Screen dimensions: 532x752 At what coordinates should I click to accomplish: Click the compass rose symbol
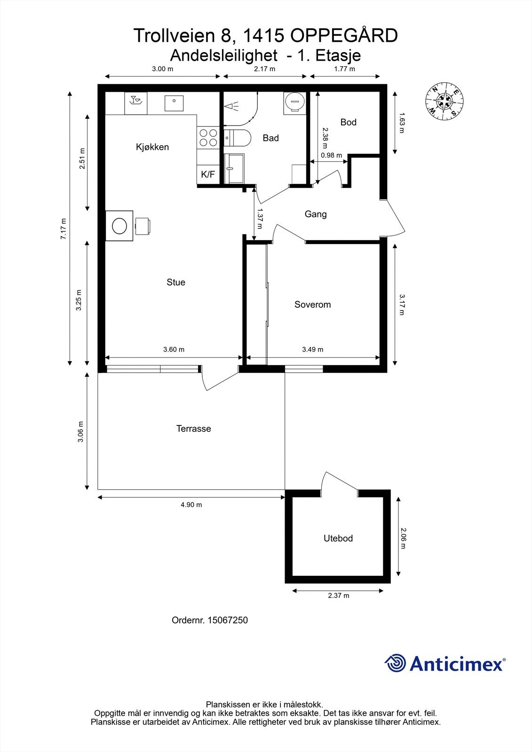pos(445,101)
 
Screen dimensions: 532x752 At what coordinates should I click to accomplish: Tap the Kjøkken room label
pos(152,147)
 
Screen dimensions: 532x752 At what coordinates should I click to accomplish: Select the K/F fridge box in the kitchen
pos(208,174)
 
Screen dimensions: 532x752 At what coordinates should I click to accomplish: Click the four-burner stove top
pos(208,138)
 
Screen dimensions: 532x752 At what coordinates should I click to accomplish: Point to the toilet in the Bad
pos(237,138)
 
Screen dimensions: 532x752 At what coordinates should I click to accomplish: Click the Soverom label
pos(312,305)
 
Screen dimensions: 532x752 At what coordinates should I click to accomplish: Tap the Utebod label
pos(338,539)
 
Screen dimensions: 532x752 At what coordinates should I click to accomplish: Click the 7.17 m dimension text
pos(64,228)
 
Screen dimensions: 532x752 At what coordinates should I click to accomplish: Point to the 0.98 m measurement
pos(331,156)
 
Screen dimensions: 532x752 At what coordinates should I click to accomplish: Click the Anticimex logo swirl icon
pos(395,663)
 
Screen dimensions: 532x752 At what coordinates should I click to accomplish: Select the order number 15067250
pos(228,620)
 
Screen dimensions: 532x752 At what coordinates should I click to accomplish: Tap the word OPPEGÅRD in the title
pos(344,36)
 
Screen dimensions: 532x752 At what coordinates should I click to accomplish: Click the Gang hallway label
pos(316,214)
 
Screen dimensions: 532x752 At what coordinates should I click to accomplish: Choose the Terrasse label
pos(194,429)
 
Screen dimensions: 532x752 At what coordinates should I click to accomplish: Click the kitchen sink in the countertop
pos(174,103)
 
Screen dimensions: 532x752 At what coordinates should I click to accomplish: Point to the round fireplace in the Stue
pos(119,226)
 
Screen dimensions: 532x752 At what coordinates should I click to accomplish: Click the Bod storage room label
pos(348,122)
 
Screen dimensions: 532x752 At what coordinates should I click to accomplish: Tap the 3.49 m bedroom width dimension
pos(312,350)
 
